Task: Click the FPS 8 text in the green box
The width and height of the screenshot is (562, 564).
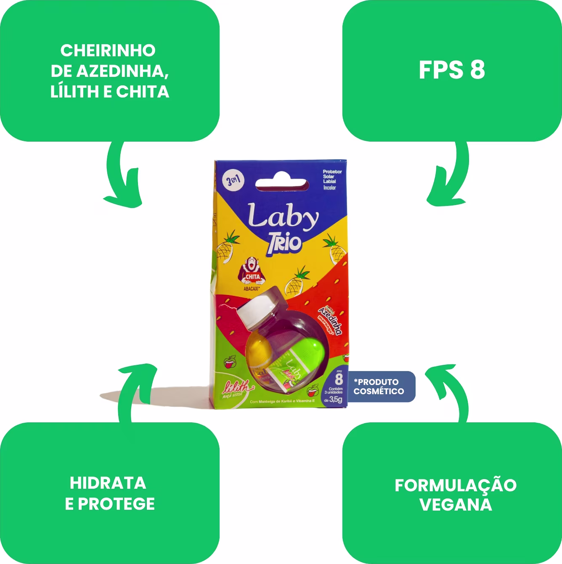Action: [452, 70]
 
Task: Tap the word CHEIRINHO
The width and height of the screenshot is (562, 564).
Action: [108, 50]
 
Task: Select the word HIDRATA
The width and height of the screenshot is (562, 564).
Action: [108, 483]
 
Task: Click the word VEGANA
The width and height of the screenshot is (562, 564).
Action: [456, 505]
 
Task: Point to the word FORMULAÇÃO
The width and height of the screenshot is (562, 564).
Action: [456, 485]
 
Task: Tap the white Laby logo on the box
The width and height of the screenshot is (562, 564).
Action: [283, 216]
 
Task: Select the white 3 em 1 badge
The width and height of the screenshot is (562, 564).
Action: [233, 181]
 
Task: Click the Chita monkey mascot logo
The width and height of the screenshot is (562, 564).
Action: [252, 271]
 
